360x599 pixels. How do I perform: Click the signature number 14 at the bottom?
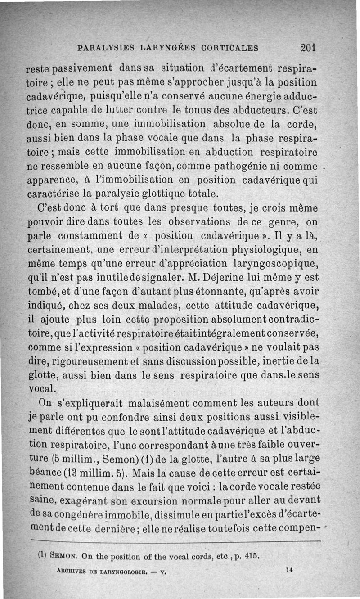click(x=289, y=570)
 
